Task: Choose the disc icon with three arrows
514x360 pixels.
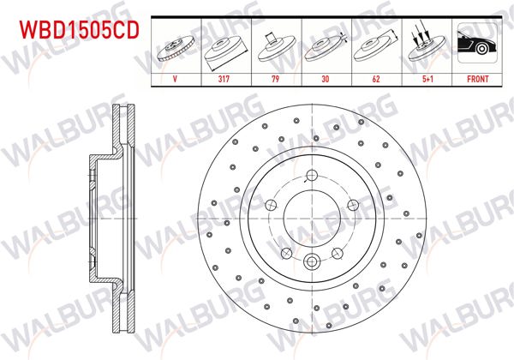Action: pos(427,45)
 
